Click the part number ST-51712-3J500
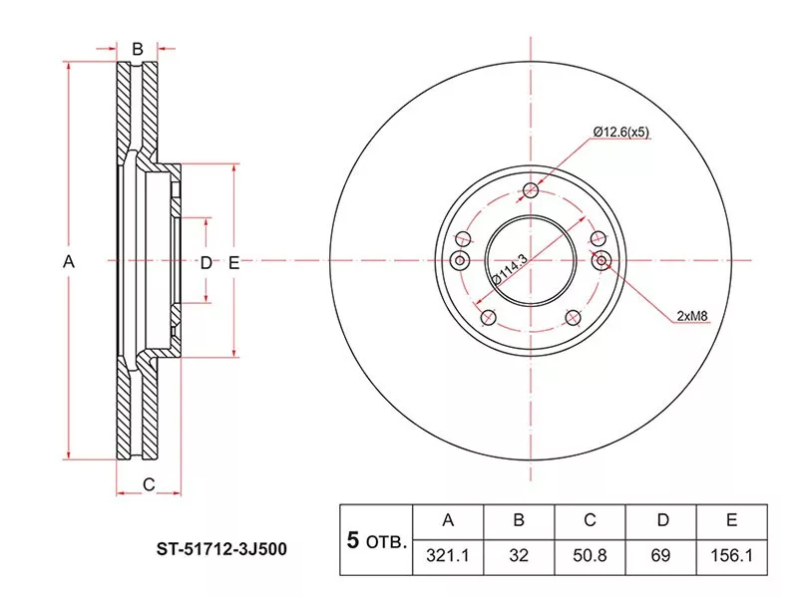221,549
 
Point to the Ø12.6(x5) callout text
620,132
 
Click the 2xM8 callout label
692,316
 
